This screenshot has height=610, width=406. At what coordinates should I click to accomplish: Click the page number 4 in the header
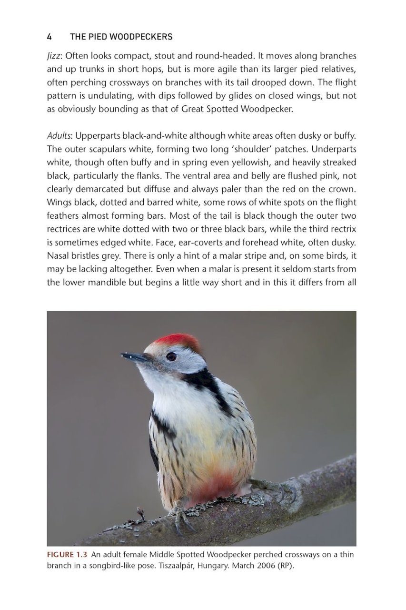pyautogui.click(x=49, y=37)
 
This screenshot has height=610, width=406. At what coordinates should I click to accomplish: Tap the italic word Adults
pyautogui.click(x=59, y=136)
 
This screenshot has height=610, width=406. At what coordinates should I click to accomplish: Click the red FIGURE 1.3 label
pyautogui.click(x=67, y=555)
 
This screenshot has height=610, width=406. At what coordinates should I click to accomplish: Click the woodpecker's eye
pyautogui.click(x=171, y=356)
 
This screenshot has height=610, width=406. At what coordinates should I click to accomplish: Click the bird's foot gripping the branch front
pyautogui.click(x=180, y=516)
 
